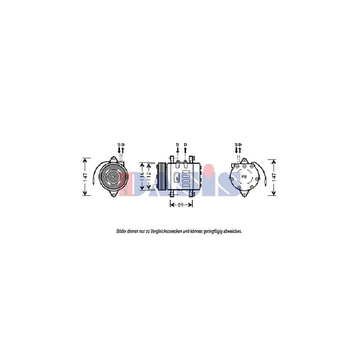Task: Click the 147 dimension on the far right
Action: pyautogui.click(x=274, y=177)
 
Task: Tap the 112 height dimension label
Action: pyautogui.click(x=149, y=176)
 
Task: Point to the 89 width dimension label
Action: pyautogui.click(x=180, y=204)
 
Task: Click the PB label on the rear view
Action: pyautogui.click(x=244, y=176)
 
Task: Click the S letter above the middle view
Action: pyautogui.click(x=177, y=144)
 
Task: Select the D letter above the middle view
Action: pyautogui.click(x=185, y=144)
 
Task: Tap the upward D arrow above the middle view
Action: pyautogui.click(x=185, y=150)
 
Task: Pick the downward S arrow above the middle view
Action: pyautogui.click(x=177, y=151)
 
